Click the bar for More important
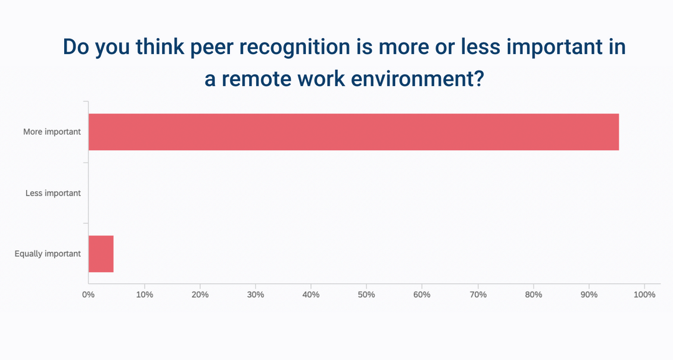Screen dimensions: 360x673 click(x=353, y=132)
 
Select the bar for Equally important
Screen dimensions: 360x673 click(x=101, y=254)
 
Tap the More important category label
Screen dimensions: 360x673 click(x=52, y=132)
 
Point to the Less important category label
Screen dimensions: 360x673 click(x=53, y=193)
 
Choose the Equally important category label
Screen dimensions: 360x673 click(x=48, y=254)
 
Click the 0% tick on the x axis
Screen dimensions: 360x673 click(x=88, y=295)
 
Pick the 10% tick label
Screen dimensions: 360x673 click(x=145, y=295)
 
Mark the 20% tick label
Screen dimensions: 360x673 click(x=200, y=295)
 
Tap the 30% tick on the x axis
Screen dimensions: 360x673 click(x=255, y=295)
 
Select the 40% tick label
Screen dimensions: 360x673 click(x=311, y=295)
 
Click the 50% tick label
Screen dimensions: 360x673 click(x=366, y=295)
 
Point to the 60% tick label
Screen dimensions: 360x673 click(x=422, y=295)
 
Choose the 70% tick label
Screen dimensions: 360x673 click(x=478, y=295)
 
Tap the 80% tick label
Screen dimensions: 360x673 click(x=533, y=295)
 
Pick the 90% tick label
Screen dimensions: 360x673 click(x=589, y=295)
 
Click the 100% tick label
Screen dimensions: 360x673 click(x=644, y=295)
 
